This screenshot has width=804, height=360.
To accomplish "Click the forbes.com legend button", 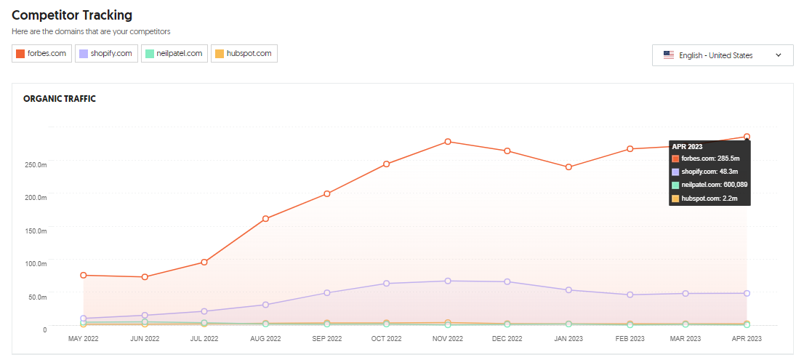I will tap(42, 54).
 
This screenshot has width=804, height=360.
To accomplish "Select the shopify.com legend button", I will tap(106, 54).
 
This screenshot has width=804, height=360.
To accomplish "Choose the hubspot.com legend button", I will tap(244, 54).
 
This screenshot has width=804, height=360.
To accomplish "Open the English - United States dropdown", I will tap(723, 55).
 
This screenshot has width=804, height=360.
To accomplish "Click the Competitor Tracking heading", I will tap(72, 15).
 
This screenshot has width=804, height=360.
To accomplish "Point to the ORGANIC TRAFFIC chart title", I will tap(60, 99).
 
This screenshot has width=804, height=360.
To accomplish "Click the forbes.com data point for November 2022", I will tap(448, 142).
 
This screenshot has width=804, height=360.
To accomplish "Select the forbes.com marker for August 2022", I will tap(265, 219).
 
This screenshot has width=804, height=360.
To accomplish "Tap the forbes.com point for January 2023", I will tap(568, 167).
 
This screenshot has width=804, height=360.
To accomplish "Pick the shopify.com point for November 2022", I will tap(448, 281).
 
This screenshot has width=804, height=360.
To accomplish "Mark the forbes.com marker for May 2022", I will tap(84, 275).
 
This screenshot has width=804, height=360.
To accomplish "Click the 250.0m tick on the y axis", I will tap(35, 164).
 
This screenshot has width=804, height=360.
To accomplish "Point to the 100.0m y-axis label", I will tap(35, 263).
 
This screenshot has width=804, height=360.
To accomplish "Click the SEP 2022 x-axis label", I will tap(326, 339).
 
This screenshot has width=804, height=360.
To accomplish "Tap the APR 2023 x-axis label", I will tap(746, 339).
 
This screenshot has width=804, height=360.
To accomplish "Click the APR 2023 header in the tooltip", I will tap(688, 146).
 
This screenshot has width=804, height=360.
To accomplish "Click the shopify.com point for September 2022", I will tap(326, 293).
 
